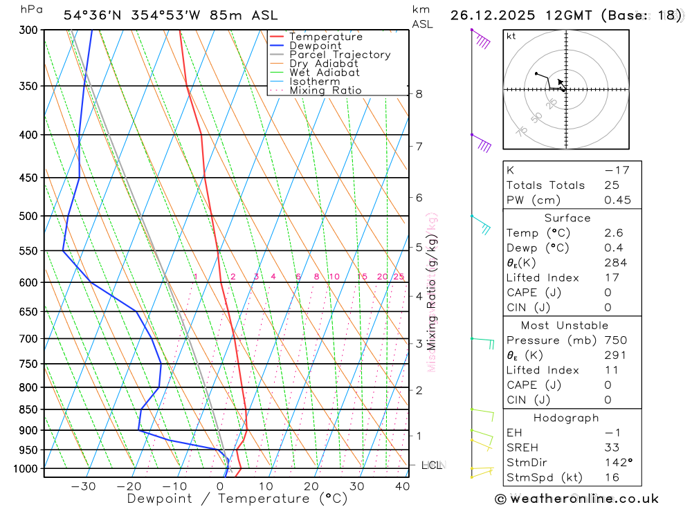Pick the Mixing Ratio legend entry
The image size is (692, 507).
325,90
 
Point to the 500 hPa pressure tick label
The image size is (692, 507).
28,216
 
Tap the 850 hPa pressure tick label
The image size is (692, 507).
28,409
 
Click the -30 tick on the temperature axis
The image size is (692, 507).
84,486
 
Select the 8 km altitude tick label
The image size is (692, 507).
419,93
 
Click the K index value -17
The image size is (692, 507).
616,170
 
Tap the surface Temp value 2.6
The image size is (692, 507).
613,233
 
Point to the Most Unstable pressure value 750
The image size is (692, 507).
615,340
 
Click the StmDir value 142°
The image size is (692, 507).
615,462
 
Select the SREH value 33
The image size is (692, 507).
613,448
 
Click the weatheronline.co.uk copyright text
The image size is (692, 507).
576,499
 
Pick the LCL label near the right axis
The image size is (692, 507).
432,465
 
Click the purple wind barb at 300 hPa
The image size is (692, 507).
481,40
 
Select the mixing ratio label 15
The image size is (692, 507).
362,277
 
